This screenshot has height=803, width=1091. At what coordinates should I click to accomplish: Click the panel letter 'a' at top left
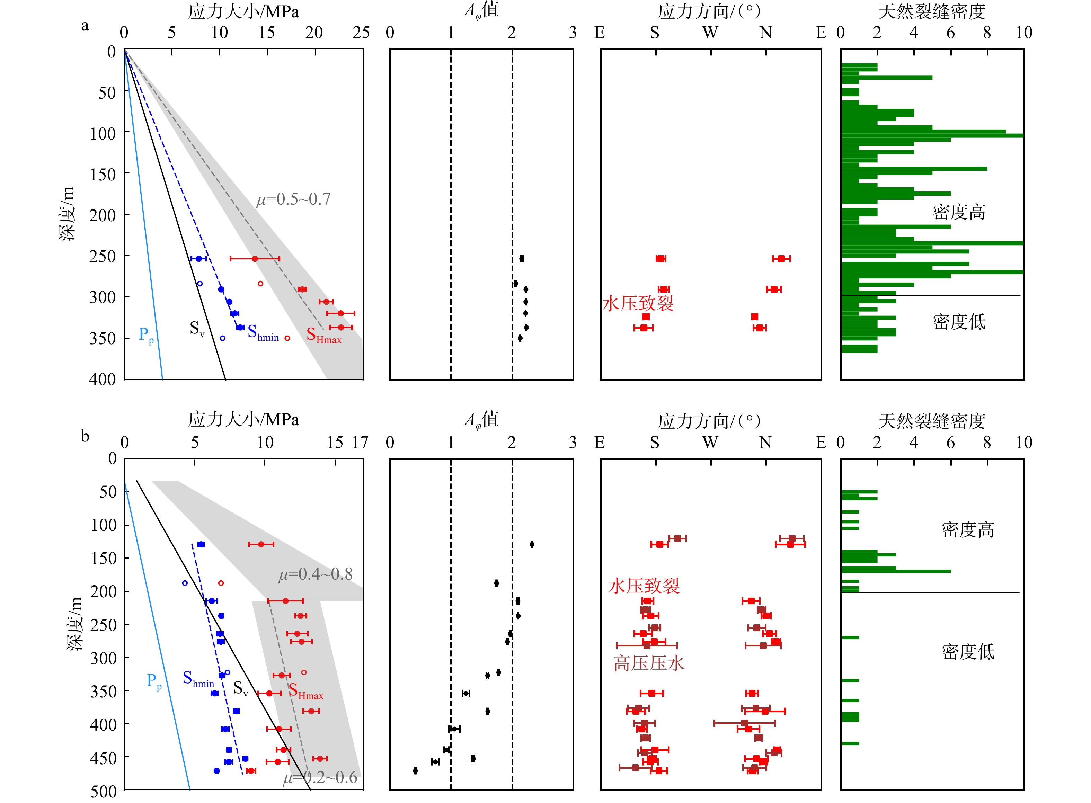coord(85,26)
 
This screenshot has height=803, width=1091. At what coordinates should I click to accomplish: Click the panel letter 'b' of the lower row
coord(85,436)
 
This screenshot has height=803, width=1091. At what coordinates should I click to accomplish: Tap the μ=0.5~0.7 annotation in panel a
coord(293,199)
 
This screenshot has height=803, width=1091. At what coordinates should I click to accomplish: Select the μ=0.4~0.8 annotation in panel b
coord(316,574)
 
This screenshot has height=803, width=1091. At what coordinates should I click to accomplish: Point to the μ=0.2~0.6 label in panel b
coord(320,778)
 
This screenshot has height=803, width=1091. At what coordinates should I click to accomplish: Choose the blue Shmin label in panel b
coord(198,679)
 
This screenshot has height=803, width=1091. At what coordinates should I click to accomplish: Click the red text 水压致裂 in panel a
coord(638,303)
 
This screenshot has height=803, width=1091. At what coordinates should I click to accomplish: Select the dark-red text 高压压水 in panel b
coord(649,663)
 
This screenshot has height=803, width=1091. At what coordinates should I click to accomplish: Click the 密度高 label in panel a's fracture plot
coord(959,212)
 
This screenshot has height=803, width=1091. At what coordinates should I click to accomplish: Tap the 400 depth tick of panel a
coord(102,379)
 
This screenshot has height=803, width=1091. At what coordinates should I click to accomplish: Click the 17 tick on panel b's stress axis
coord(360,442)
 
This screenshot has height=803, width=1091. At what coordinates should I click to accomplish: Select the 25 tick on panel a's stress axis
coord(361,33)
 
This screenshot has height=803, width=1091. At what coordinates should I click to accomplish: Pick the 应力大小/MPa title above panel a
coord(243,12)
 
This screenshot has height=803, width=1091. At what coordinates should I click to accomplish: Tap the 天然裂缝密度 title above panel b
coord(932,421)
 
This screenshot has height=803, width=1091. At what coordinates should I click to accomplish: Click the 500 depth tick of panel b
coord(103,791)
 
